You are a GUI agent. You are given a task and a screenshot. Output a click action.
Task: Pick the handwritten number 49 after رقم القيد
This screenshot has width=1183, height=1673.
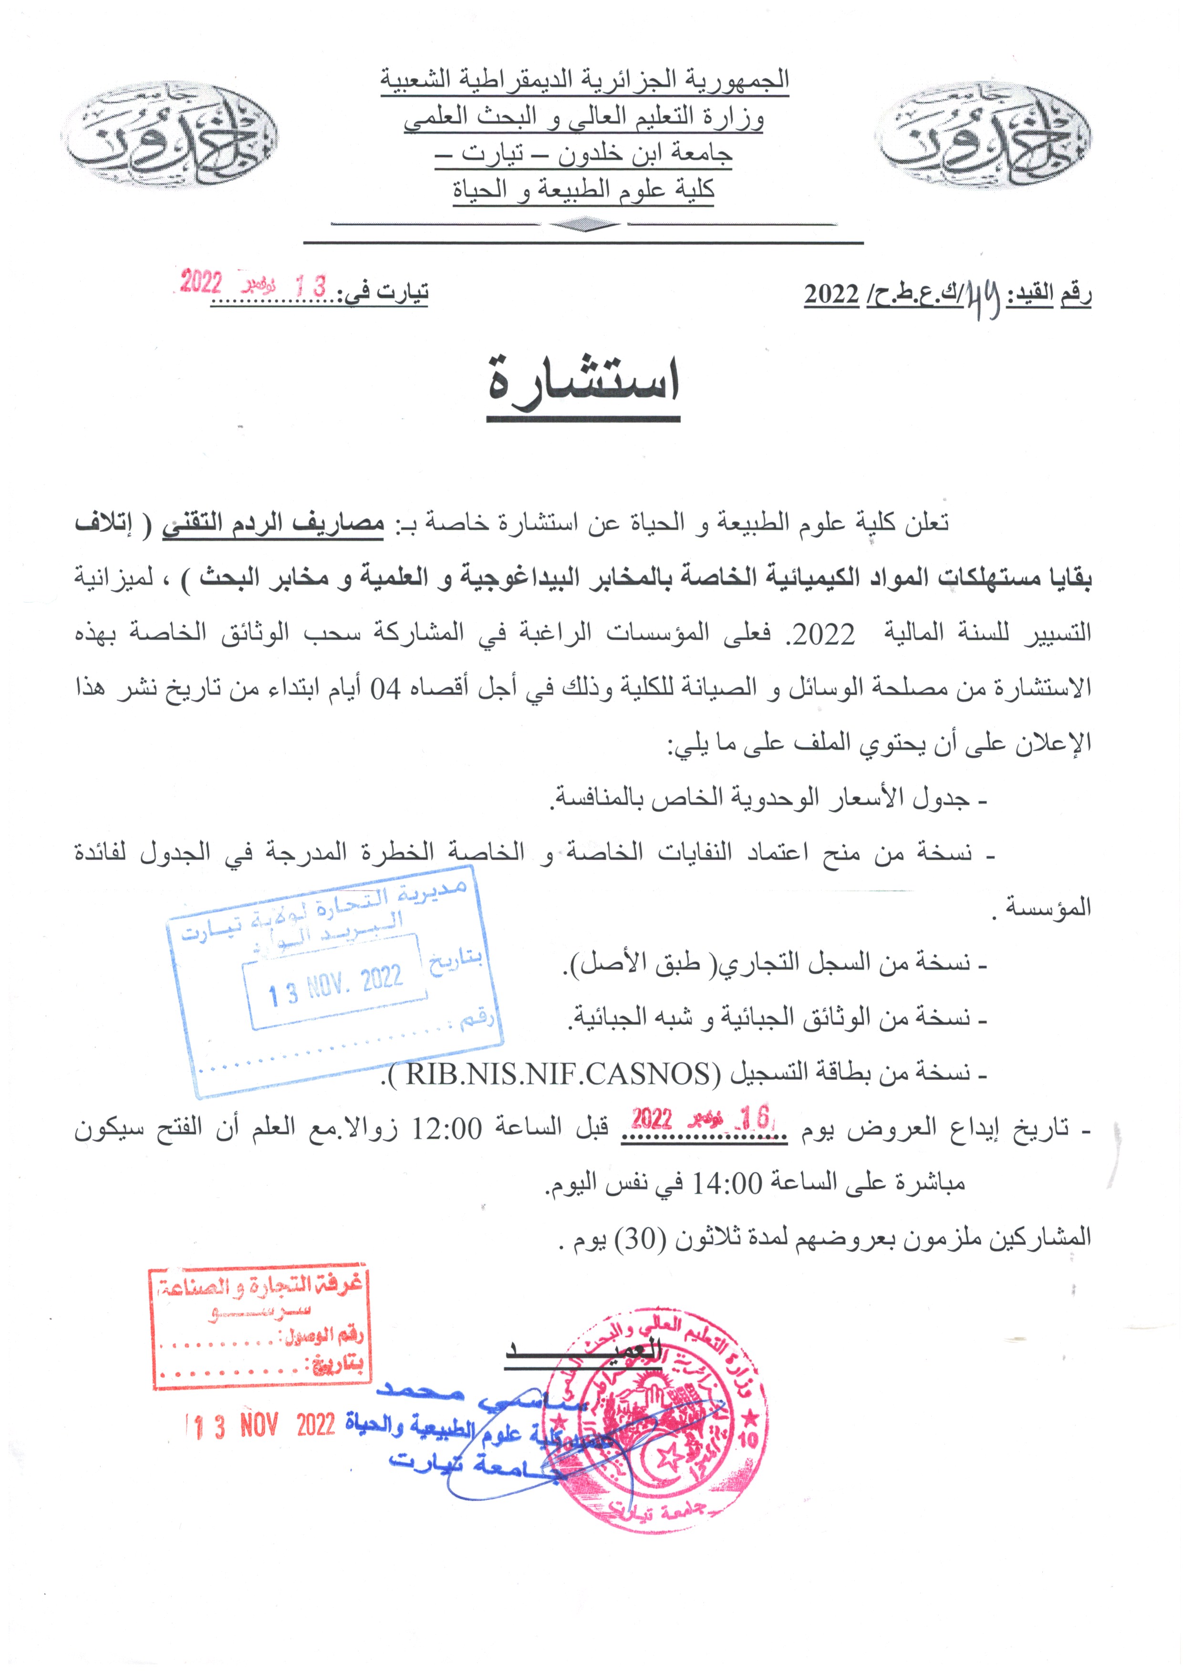pos(981,294)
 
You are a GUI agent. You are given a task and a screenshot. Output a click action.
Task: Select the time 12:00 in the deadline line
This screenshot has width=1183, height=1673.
pos(447,1129)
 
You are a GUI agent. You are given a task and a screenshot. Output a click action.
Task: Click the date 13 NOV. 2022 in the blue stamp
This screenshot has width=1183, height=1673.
pos(335,983)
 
